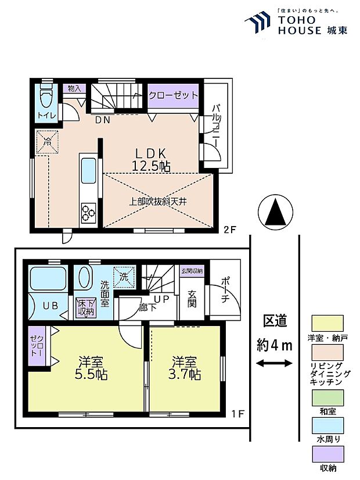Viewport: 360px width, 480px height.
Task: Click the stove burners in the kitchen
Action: point(89,213)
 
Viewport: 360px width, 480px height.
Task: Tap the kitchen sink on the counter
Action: point(89,170)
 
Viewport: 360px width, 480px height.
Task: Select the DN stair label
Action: point(103,120)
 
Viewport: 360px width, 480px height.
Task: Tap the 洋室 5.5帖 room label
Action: point(85,367)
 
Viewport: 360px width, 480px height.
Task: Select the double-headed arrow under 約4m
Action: point(274,364)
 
